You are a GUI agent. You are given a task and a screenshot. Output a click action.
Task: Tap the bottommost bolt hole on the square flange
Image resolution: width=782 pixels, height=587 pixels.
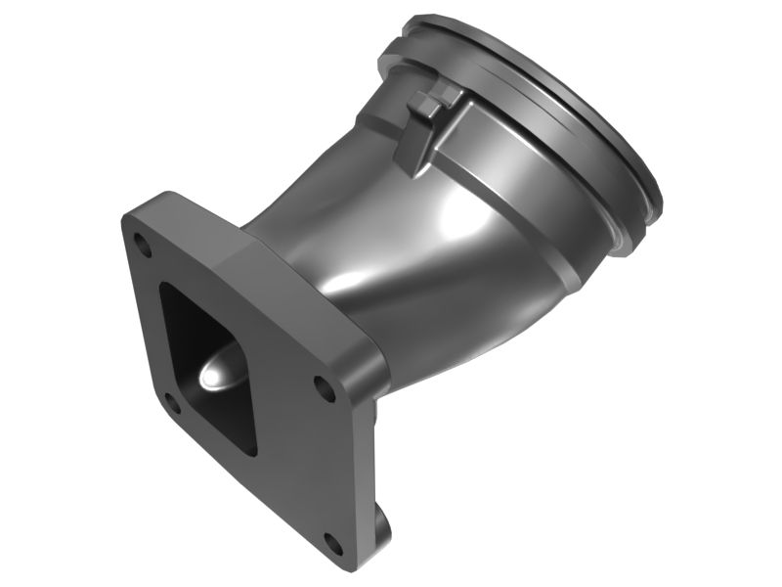[x=334, y=544]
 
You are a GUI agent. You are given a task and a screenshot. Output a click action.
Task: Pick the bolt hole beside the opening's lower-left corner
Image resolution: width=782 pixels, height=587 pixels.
[x=170, y=399]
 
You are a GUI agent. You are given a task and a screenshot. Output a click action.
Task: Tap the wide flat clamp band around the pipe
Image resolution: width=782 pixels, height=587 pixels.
[x=508, y=157]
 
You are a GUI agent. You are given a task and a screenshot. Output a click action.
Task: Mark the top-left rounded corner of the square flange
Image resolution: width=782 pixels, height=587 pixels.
[x=126, y=217]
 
